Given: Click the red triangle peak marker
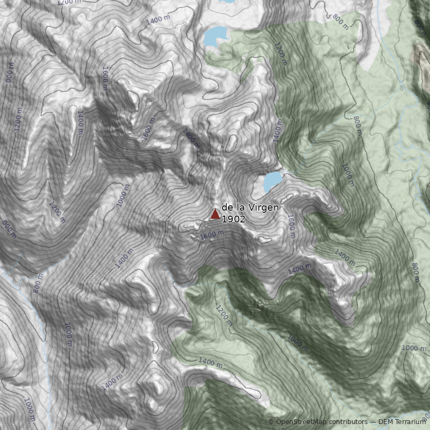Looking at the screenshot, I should [x=215, y=214].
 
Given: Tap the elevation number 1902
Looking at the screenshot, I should [x=234, y=219].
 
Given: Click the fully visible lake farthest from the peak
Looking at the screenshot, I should [x=216, y=36].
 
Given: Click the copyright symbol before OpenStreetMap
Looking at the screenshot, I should [x=271, y=422].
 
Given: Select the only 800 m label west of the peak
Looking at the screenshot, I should [x=38, y=285].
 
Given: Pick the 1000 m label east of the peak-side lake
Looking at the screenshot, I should [x=348, y=175].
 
